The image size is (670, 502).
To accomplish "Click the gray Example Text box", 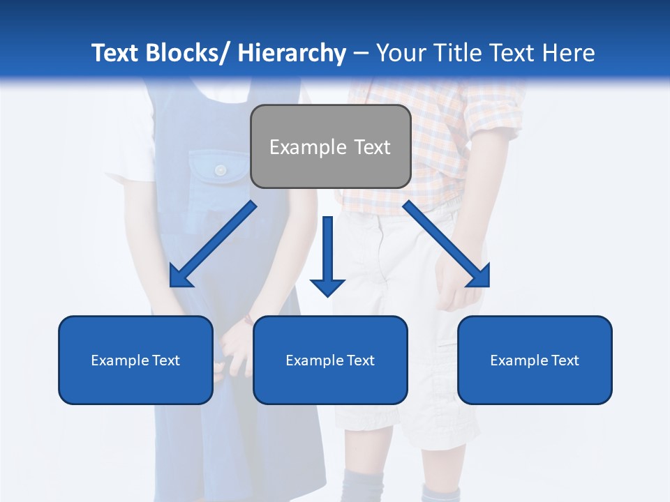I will click(330, 146).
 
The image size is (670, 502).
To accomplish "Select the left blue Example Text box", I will click(135, 360).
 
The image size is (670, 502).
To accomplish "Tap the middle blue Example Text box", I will click(330, 360).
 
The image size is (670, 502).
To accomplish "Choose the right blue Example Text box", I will click(535, 360).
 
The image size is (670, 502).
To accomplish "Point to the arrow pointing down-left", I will click(214, 244).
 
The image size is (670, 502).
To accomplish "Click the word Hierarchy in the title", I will click(292, 53).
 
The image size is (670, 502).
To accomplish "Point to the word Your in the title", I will click(401, 53).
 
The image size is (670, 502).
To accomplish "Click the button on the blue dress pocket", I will click(221, 169).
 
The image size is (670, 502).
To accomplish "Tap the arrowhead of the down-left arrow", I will click(180, 277).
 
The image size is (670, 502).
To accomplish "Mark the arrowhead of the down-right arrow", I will click(479, 277).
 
